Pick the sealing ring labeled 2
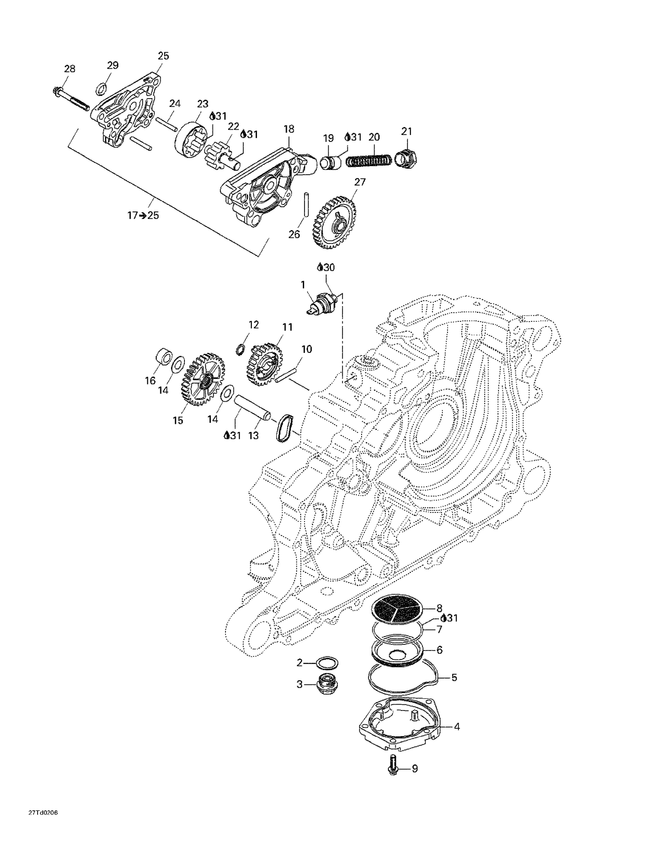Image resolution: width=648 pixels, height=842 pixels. point(327,663)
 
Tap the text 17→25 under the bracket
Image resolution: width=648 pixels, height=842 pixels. point(143,215)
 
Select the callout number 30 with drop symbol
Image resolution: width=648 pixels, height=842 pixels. point(326,267)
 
